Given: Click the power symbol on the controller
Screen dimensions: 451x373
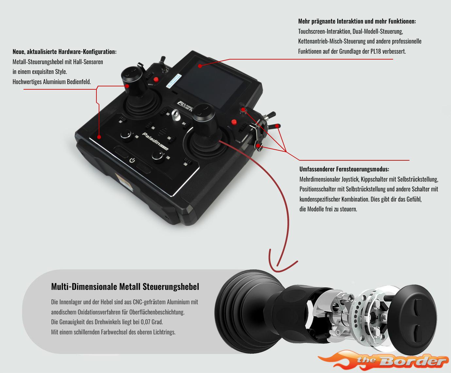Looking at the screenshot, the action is click(x=132, y=160).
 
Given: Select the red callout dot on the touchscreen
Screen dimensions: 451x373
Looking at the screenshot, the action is click(x=200, y=66).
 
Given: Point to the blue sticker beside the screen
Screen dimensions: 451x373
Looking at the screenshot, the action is click(x=174, y=81).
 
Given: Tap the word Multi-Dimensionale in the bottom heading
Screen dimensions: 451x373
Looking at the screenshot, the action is click(x=84, y=287).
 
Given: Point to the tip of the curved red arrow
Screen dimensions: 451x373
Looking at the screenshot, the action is click(x=277, y=266).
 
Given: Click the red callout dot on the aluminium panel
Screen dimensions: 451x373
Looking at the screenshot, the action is click(x=99, y=137).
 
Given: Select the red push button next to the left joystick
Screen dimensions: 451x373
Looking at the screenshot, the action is click(x=156, y=80).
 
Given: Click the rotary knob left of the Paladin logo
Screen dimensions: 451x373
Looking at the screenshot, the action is click(x=126, y=135).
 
